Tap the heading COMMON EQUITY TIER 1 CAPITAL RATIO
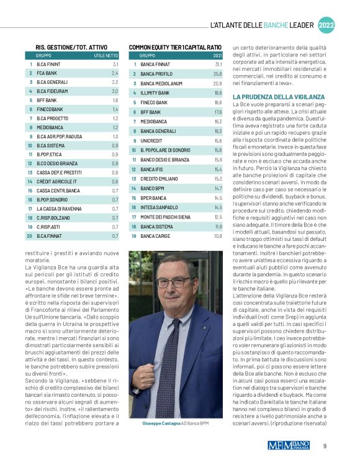(175, 47)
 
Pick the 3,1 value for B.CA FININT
(115, 64)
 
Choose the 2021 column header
(217, 55)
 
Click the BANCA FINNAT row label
(155, 64)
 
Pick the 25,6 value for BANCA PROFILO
(218, 74)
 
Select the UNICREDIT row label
(151, 141)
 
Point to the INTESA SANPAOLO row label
(158, 208)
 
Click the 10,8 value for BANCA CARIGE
(218, 237)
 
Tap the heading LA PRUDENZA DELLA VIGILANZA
(278, 97)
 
